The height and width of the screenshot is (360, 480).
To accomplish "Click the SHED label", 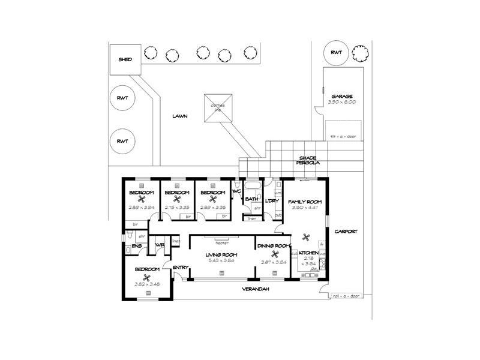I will pyautogui.click(x=125, y=59).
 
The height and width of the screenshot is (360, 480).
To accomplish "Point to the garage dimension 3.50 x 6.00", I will pyautogui.click(x=342, y=102).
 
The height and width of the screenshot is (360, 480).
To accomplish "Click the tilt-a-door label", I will pyautogui.click(x=343, y=136).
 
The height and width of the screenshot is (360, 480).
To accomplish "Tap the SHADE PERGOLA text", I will pyautogui.click(x=312, y=161).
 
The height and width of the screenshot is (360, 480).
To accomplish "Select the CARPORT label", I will pyautogui.click(x=346, y=230).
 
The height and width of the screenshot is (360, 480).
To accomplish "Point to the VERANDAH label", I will pyautogui.click(x=256, y=289).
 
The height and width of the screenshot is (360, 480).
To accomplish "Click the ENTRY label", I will pyautogui.click(x=180, y=268).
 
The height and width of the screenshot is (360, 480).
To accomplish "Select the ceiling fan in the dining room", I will pyautogui.click(x=274, y=254).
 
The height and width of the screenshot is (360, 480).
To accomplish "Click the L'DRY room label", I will pyautogui.click(x=272, y=200).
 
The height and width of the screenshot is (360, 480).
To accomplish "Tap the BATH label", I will pyautogui.click(x=251, y=199).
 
